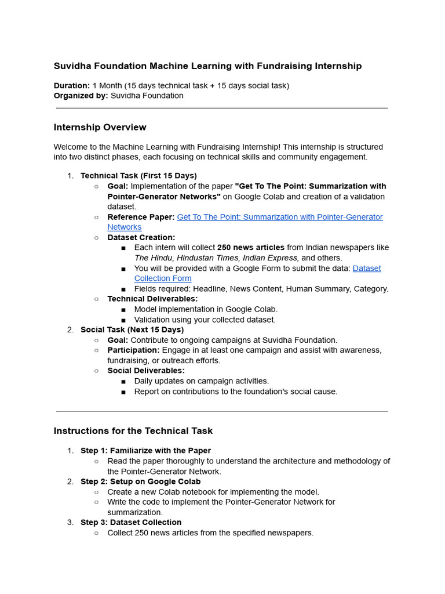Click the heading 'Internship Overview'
click(x=100, y=127)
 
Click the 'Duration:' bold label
click(x=72, y=85)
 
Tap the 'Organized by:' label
click(x=81, y=96)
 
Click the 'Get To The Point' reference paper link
click(x=279, y=217)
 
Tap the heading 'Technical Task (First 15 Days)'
click(x=138, y=175)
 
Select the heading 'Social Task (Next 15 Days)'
click(x=132, y=329)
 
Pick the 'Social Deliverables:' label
click(x=146, y=370)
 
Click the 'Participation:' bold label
click(x=133, y=350)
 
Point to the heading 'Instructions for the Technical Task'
click(x=133, y=431)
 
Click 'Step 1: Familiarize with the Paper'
click(x=145, y=450)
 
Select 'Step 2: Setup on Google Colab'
click(x=140, y=481)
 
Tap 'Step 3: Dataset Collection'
click(x=131, y=522)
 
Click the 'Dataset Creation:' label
click(x=141, y=237)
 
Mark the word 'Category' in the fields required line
click(x=370, y=288)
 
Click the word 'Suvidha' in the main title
click(x=73, y=66)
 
